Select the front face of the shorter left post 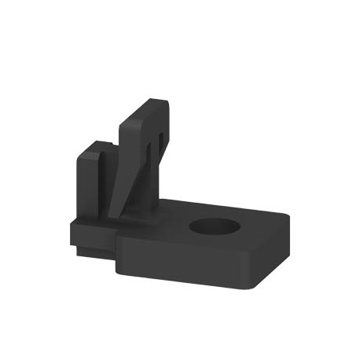[x=88, y=185]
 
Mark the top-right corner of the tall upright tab [x=165, y=101]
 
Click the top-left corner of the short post [x=79, y=155]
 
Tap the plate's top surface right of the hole [x=255, y=228]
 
